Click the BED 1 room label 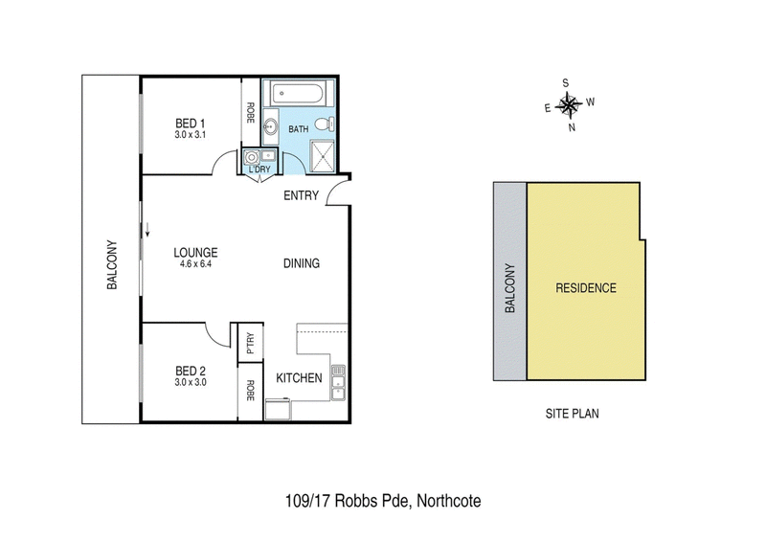(x=190, y=123)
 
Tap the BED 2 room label (x=191, y=370)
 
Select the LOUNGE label (x=195, y=253)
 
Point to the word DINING (x=302, y=264)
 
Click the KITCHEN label (x=299, y=378)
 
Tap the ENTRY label (x=302, y=196)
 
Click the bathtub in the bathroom (x=299, y=97)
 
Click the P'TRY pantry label (x=250, y=343)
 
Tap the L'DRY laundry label (x=260, y=169)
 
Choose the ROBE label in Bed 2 (x=250, y=390)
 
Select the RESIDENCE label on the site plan (x=585, y=287)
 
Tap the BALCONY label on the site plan (x=510, y=288)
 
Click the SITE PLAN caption (x=572, y=415)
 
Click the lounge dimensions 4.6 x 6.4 (x=195, y=266)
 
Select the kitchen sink (x=337, y=386)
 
